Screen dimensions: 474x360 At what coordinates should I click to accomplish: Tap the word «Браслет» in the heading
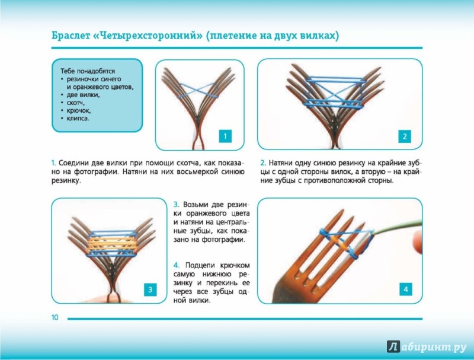point(71,36)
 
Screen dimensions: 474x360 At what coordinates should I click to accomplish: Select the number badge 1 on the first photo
point(225,136)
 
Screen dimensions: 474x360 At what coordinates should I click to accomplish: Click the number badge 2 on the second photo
point(405,136)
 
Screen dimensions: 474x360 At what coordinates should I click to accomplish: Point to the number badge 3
point(150,289)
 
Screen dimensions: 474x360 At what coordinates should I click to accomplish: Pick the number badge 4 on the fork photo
point(406,289)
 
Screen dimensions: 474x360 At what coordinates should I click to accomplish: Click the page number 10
point(55,317)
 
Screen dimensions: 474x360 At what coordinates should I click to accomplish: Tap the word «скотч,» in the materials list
point(76,103)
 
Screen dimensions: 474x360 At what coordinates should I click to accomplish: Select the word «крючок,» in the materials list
point(79,111)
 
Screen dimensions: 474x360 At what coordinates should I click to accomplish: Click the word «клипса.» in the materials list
point(78,118)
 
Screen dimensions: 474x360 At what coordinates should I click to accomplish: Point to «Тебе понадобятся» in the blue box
point(88,71)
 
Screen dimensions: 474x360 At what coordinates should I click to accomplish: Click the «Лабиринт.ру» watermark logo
point(427,347)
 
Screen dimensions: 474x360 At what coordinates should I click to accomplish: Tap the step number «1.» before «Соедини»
point(53,163)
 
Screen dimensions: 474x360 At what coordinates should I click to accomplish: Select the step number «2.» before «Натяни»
point(263,163)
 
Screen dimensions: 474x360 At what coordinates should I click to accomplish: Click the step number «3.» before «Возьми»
point(177,204)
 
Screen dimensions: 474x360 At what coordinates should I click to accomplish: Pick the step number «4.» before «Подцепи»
point(177,265)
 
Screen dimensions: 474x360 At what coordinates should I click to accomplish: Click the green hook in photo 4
point(396,228)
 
